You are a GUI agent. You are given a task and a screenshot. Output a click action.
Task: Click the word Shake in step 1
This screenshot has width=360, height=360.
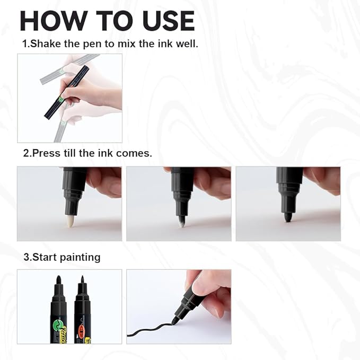pyautogui.click(x=45, y=43)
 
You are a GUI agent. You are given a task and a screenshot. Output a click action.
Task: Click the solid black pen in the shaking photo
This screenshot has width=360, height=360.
pyautogui.click(x=66, y=93)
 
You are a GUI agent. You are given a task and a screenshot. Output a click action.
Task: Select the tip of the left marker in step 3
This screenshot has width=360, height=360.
pyautogui.click(x=58, y=279)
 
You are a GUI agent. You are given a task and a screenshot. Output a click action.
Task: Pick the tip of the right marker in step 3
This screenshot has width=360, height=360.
pyautogui.click(x=82, y=279)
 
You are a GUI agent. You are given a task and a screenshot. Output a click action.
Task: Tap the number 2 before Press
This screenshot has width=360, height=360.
pyautogui.click(x=25, y=153)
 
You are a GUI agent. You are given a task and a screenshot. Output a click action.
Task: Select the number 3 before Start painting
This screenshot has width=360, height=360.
pyautogui.click(x=25, y=257)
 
